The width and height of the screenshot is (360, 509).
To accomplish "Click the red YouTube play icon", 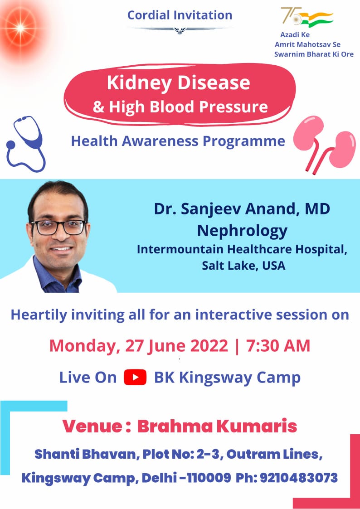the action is (x=135, y=377).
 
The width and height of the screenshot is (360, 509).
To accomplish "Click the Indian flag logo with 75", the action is (x=307, y=18).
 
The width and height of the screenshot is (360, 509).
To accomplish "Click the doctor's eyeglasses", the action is (x=59, y=227).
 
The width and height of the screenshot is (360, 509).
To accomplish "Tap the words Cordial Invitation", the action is (x=180, y=15).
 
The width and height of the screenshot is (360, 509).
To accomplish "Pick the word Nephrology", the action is (x=242, y=230).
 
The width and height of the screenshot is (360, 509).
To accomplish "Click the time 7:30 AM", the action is (x=278, y=345).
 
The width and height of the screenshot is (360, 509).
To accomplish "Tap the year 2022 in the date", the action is (x=209, y=345).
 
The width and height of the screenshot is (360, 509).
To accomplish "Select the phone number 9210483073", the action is (x=299, y=478).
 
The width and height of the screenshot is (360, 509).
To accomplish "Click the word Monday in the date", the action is (x=83, y=346).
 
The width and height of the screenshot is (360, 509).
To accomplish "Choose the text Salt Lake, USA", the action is (x=243, y=266).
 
